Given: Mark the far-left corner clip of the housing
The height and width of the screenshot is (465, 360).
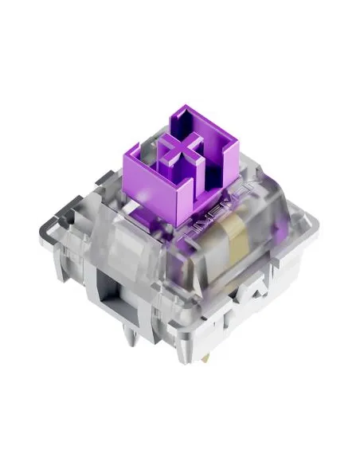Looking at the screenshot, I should tap(68, 231).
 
